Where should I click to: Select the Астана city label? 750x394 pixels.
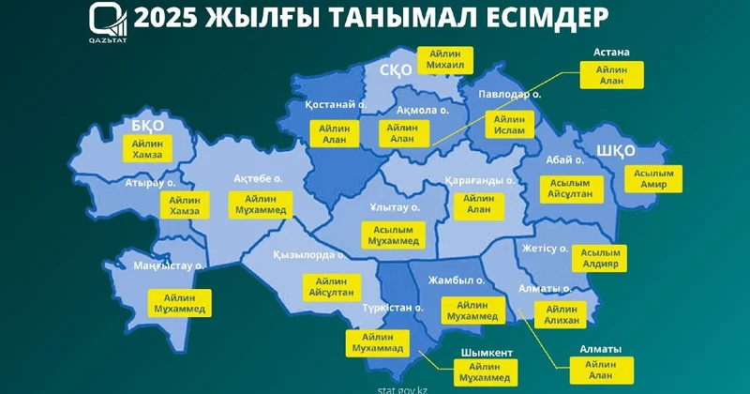[x=610, y=52]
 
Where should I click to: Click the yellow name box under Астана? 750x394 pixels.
[x=610, y=75]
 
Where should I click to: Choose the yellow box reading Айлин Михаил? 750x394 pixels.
[x=444, y=60]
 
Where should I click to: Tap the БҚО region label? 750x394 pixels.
[x=148, y=126]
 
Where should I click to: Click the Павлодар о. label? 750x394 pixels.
[x=509, y=95]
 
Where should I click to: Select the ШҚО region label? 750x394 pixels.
[x=616, y=150]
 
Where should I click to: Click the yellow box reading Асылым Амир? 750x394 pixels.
[x=648, y=178]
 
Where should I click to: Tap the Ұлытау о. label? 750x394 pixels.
[x=394, y=206]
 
